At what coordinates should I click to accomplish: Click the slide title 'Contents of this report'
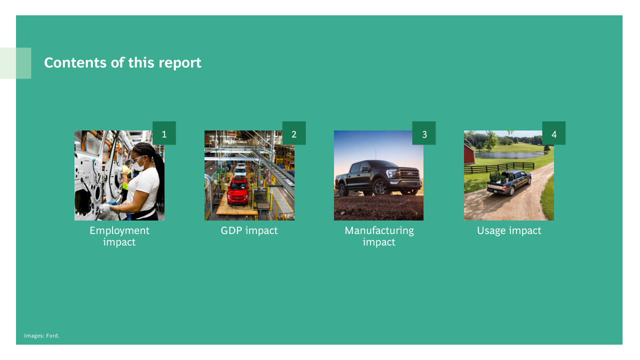pyautogui.click(x=122, y=62)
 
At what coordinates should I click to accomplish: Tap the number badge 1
pyautogui.click(x=164, y=133)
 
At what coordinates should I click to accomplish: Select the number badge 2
pyautogui.click(x=294, y=133)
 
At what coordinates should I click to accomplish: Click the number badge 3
pyautogui.click(x=424, y=133)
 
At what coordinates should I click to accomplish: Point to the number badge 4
pyautogui.click(x=553, y=133)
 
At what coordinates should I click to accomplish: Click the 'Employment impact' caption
pyautogui.click(x=119, y=236)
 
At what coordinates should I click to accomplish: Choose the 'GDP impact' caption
pyautogui.click(x=249, y=230)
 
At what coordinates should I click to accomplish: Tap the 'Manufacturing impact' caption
pyautogui.click(x=379, y=236)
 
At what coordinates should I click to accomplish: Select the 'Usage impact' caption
pyautogui.click(x=509, y=230)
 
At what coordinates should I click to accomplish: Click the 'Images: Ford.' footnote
pyautogui.click(x=41, y=335)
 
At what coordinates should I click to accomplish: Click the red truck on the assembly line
pyautogui.click(x=237, y=191)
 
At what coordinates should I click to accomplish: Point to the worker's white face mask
pyautogui.click(x=138, y=165)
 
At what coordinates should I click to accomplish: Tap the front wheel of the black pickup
pyautogui.click(x=380, y=188)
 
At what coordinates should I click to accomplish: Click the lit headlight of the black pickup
pyautogui.click(x=391, y=173)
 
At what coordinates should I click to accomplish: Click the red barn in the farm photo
pyautogui.click(x=469, y=154)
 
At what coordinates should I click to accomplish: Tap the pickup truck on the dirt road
pyautogui.click(x=509, y=183)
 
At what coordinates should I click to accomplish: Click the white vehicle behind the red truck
pyautogui.click(x=240, y=170)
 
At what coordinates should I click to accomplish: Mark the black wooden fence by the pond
pyautogui.click(x=499, y=168)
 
